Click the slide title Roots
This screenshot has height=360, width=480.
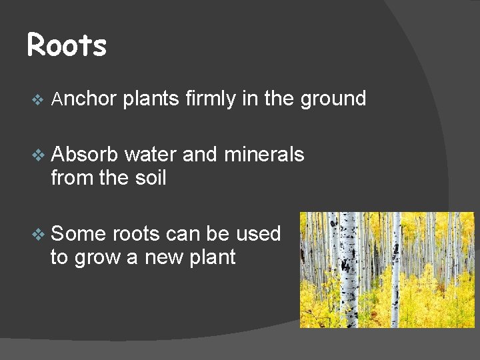coord(67,46)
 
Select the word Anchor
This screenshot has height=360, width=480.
coord(84,99)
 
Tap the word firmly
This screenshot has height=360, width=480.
coord(211,99)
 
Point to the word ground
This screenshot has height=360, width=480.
coord(333,99)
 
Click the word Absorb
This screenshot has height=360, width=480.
coord(85,155)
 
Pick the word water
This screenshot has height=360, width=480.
coord(151,155)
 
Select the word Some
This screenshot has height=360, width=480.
coord(79,234)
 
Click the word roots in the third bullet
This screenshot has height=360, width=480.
coord(136,234)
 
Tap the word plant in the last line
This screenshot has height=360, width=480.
coord(212,257)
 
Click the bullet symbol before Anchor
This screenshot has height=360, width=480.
coord(37,100)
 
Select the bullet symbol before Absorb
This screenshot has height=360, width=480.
coord(37,155)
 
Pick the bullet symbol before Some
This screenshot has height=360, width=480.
coord(37,235)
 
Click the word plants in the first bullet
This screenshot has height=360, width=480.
coord(151,99)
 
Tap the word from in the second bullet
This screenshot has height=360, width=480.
coord(69,178)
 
